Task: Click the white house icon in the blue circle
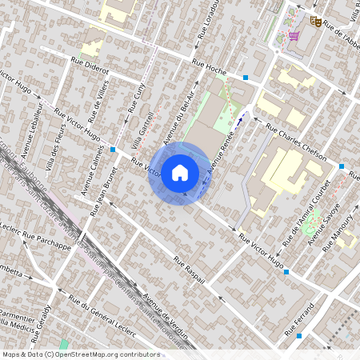pyautogui.click(x=180, y=172)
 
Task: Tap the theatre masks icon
pyautogui.click(x=315, y=22)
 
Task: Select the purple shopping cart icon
pyautogui.click(x=294, y=36)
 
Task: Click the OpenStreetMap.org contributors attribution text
pyautogui.click(x=113, y=354)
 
